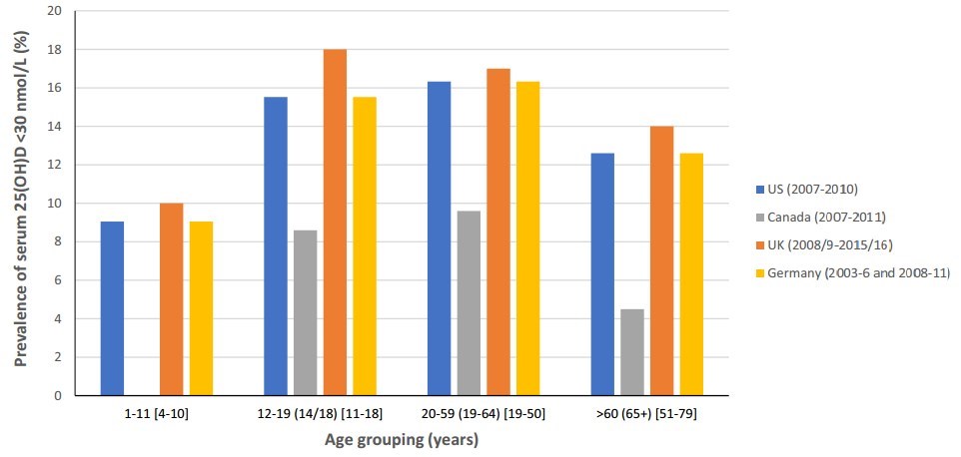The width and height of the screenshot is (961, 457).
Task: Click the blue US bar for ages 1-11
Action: pos(112,308)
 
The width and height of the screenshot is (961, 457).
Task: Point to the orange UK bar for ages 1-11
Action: pos(171,299)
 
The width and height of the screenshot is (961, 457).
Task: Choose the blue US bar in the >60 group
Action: pos(602,274)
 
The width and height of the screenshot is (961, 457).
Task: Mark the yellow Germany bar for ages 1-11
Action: pos(201,308)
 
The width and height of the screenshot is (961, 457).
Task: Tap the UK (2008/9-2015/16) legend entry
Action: pos(824,244)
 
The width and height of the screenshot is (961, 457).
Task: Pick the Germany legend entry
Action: pos(849,273)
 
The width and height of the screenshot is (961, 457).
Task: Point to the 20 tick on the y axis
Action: pos(55,11)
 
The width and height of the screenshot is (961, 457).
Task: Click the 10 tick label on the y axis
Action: pos(55,204)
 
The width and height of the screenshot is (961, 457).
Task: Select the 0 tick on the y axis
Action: pos(59,395)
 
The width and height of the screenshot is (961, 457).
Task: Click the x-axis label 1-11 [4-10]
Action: pos(157,412)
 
